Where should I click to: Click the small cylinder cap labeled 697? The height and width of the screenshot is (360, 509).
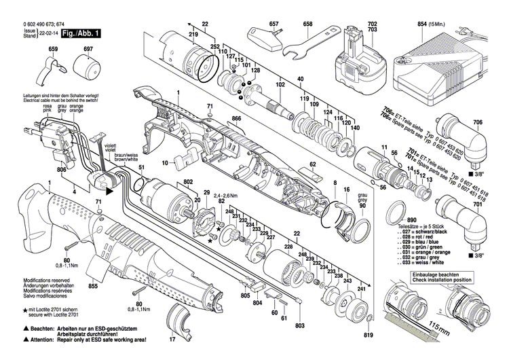pyautogui.click(x=87, y=68)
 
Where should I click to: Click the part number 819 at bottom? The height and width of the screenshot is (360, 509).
pyautogui.click(x=368, y=317)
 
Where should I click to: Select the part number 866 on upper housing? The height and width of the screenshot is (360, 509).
pyautogui.click(x=236, y=119)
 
